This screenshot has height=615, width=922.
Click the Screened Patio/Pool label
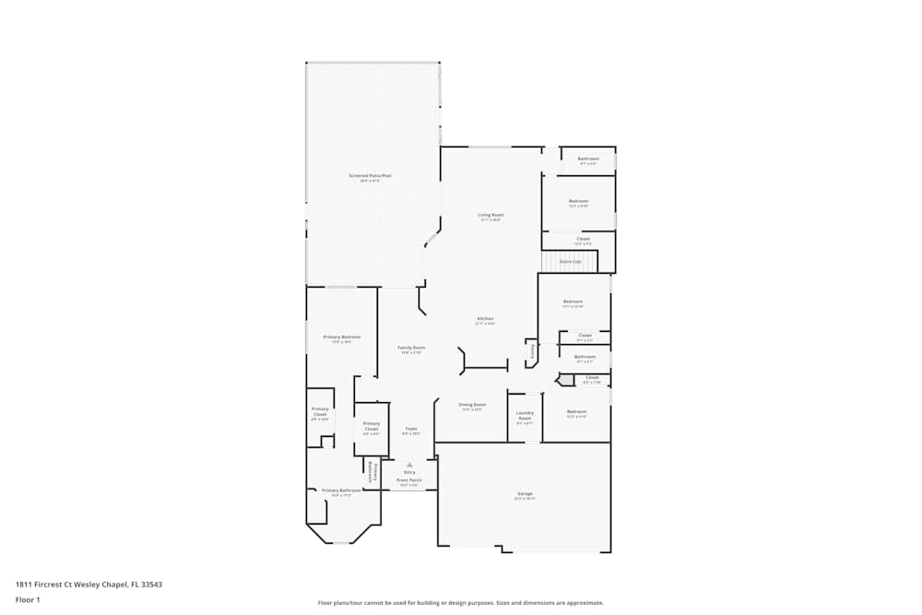coord(370,175)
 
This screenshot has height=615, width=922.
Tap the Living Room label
coord(491,215)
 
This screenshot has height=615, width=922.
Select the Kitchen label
coord(485,319)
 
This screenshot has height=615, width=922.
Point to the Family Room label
coord(410,348)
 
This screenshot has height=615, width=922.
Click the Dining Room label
coord(472,404)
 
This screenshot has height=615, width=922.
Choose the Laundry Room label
coord(525,416)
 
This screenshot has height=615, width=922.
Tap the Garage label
coord(524,495)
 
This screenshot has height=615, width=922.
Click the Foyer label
coord(411,429)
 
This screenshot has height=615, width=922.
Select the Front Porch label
coord(409,480)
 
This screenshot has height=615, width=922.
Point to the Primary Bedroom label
coord(342,337)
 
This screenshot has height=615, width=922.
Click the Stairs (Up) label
coord(570,262)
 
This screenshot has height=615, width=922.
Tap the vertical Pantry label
coord(532,351)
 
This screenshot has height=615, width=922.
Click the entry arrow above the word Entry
coord(409,465)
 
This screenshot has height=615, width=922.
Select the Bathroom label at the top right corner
coord(588,159)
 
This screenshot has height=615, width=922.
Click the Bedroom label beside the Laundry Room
coord(576,411)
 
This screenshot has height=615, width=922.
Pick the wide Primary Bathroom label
coord(341,491)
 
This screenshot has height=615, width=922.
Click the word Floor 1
coord(28,599)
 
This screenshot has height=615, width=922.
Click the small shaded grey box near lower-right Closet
coord(566,380)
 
